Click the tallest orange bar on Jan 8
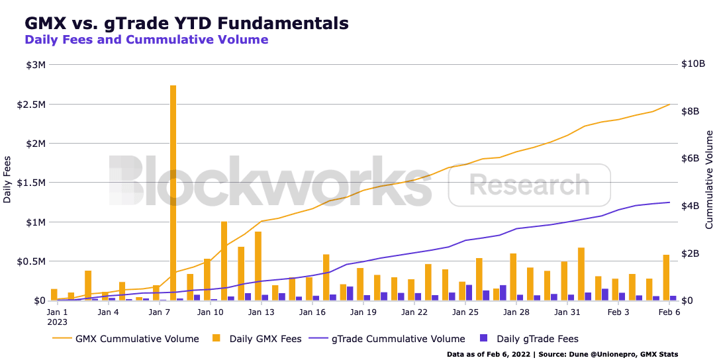coord(173,193)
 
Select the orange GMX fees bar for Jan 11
coord(224,261)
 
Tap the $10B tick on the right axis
coord(693,64)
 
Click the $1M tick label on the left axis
coord(36,222)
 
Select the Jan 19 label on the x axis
coord(363,312)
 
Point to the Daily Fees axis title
coord(7,179)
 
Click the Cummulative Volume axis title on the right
coord(709,179)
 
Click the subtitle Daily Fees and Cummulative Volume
coord(146,40)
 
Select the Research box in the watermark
coord(529,185)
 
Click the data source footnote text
coord(562,354)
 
